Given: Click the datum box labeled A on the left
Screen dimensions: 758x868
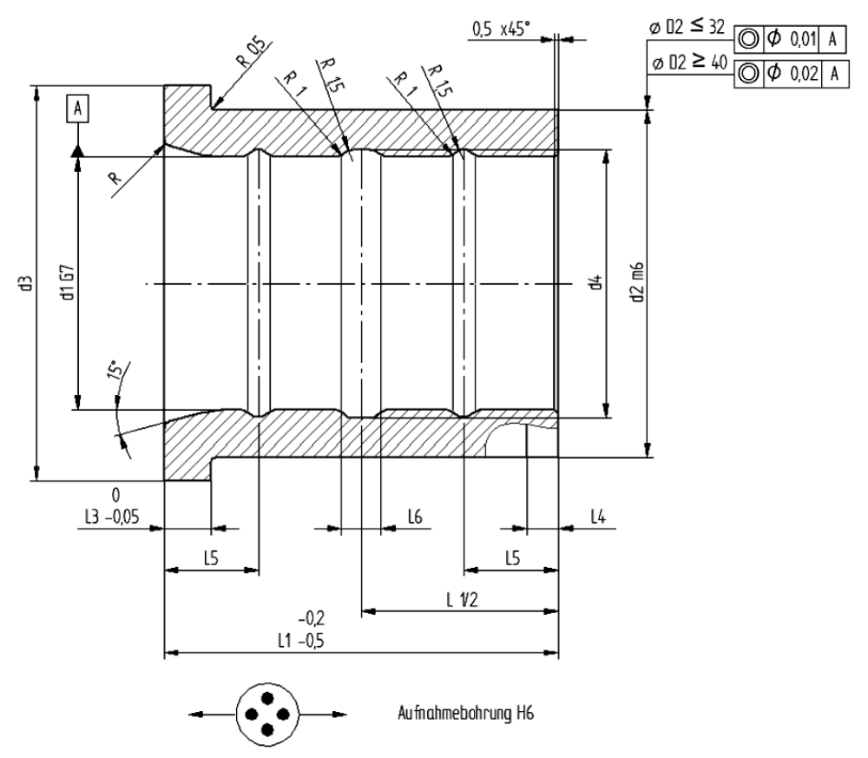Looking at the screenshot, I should point(78,109).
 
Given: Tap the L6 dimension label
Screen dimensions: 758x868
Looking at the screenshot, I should point(415,517).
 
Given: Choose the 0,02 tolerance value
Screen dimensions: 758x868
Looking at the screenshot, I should point(799,74).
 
